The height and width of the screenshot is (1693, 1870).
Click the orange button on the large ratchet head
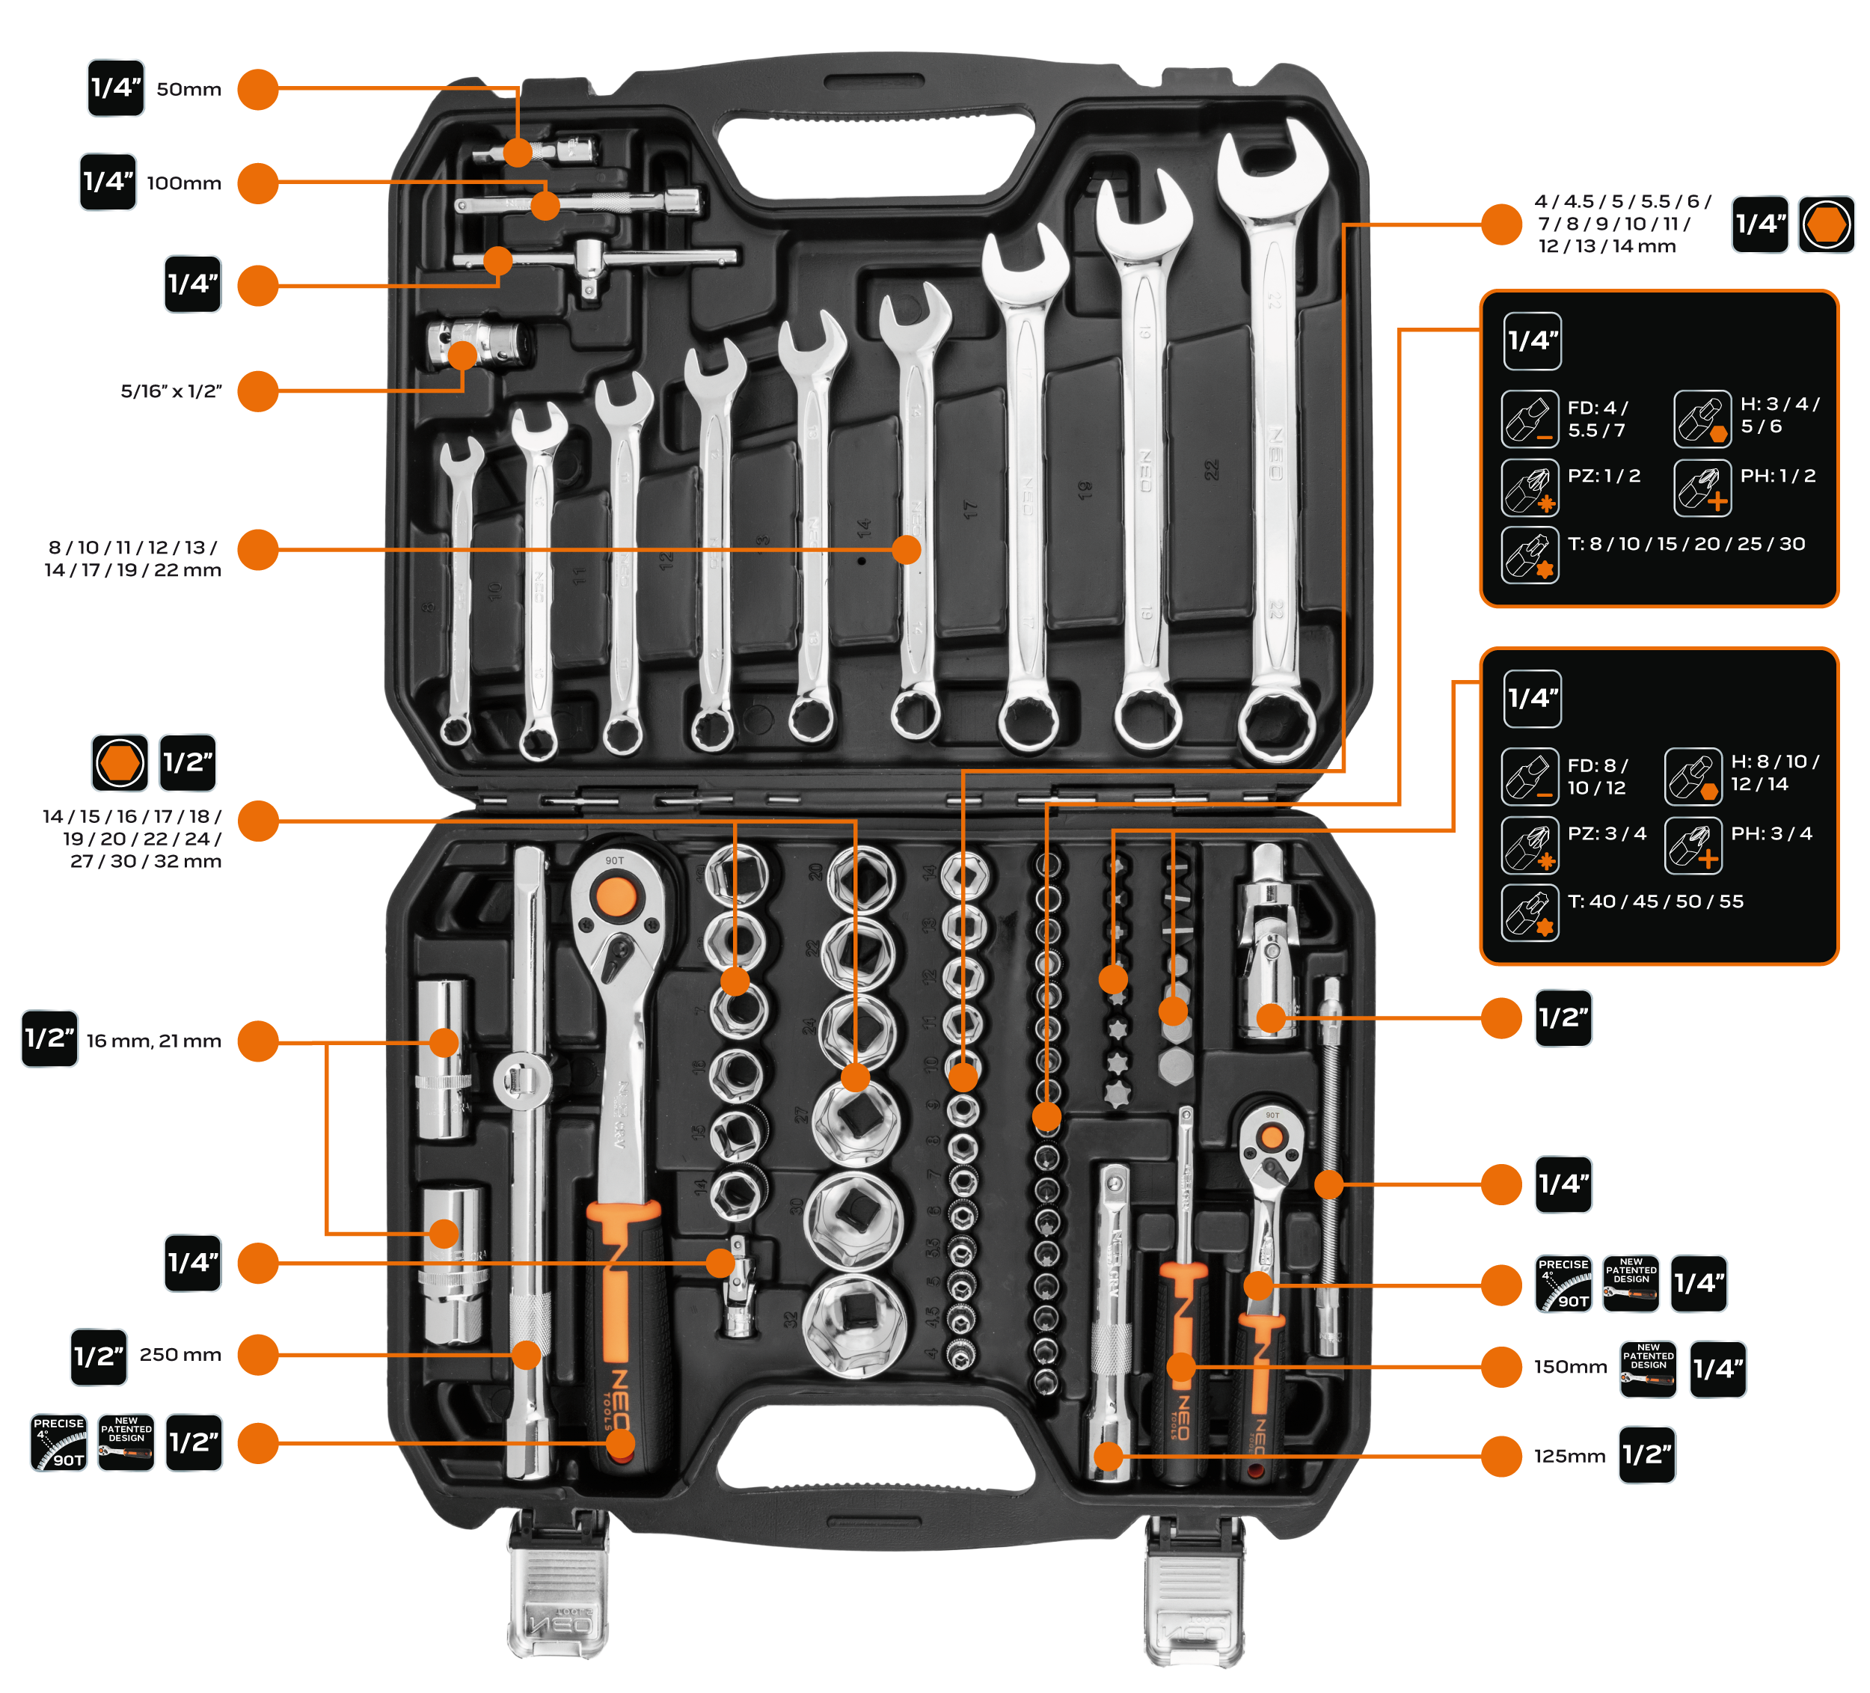(614, 898)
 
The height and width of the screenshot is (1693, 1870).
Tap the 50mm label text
(189, 90)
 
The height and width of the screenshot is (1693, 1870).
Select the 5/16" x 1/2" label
(171, 391)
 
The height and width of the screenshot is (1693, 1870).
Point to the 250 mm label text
(181, 1354)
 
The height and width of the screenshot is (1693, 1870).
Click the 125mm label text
(1569, 1457)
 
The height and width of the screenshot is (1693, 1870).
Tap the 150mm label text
(1570, 1368)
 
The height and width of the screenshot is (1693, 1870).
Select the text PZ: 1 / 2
(1604, 476)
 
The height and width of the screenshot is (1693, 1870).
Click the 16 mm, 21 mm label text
(154, 1041)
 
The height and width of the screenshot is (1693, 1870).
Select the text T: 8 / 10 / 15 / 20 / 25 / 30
(1686, 545)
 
